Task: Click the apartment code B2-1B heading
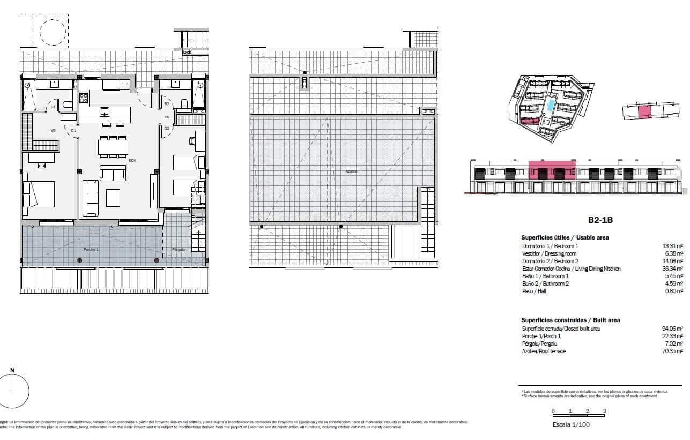point(600,220)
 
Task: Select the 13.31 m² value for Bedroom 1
point(672,246)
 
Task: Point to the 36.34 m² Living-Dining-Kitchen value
point(672,269)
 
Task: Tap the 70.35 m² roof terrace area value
point(672,351)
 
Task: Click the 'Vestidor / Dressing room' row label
point(549,253)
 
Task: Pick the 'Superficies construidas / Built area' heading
point(570,320)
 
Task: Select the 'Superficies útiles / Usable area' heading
point(565,237)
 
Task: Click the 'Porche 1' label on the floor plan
point(91,250)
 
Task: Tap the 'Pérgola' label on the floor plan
point(179,250)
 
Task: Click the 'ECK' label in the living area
point(132,160)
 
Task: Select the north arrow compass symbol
point(13,390)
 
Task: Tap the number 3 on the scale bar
point(604,411)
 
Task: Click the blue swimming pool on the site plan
point(550,105)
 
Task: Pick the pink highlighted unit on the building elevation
point(552,170)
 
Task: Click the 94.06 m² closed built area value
point(672,329)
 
